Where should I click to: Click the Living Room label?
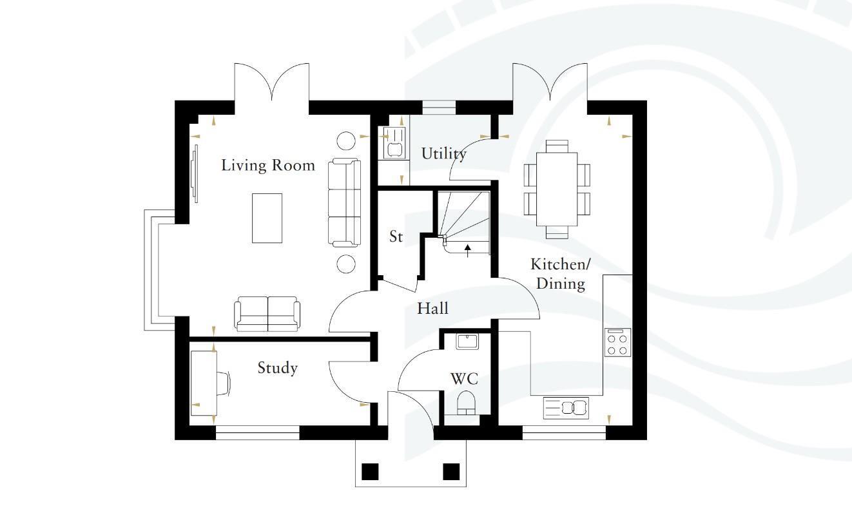point(268,166)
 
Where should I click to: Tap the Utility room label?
point(443,154)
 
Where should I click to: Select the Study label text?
point(277,367)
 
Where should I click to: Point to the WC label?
point(464,379)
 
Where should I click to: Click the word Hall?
point(433,308)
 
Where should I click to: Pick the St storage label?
point(396,237)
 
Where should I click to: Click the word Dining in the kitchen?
point(561,284)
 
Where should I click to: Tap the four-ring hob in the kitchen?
point(617,342)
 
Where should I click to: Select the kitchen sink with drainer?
point(566,408)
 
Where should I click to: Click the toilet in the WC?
point(467,403)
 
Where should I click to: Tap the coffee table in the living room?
point(267,218)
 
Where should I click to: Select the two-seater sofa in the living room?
point(267,314)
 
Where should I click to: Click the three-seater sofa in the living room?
point(344,203)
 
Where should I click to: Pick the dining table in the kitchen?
point(557,189)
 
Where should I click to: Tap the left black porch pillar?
point(370,472)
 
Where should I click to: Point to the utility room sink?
point(394,142)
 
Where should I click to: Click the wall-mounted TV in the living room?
point(195,173)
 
